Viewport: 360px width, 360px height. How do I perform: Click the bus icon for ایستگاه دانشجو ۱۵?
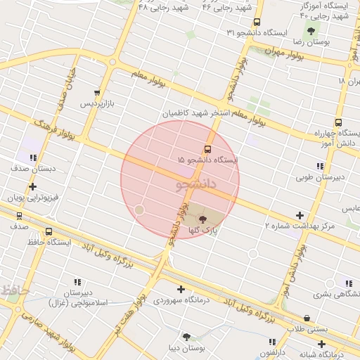tap(207, 149)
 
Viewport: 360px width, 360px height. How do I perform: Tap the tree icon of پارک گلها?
tap(203, 219)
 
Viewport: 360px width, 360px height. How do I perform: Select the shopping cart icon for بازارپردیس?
tap(96, 93)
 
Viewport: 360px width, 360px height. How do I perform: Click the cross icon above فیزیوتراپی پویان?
tap(32, 186)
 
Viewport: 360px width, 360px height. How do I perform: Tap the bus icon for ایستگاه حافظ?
tap(49, 231)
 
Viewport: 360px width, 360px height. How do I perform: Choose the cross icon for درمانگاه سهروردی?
tap(181, 289)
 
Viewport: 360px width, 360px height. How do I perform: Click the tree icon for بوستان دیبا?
tap(186, 337)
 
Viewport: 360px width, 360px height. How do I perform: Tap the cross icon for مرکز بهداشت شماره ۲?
tap(300, 215)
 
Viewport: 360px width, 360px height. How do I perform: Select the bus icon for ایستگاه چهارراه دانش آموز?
tap(338, 122)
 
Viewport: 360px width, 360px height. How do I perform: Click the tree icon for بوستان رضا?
tap(311, 30)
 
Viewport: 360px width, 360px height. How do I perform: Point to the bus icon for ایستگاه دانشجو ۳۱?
tap(257, 22)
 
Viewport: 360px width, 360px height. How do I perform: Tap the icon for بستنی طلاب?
tap(307, 318)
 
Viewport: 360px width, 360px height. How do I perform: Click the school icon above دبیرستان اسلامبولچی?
tap(77, 281)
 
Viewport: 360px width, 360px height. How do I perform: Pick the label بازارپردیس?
tap(96, 103)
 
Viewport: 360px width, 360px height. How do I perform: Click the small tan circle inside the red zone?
tap(139, 210)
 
